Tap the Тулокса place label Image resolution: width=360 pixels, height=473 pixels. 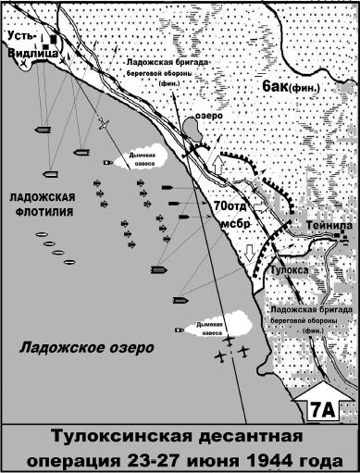click(288, 269)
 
